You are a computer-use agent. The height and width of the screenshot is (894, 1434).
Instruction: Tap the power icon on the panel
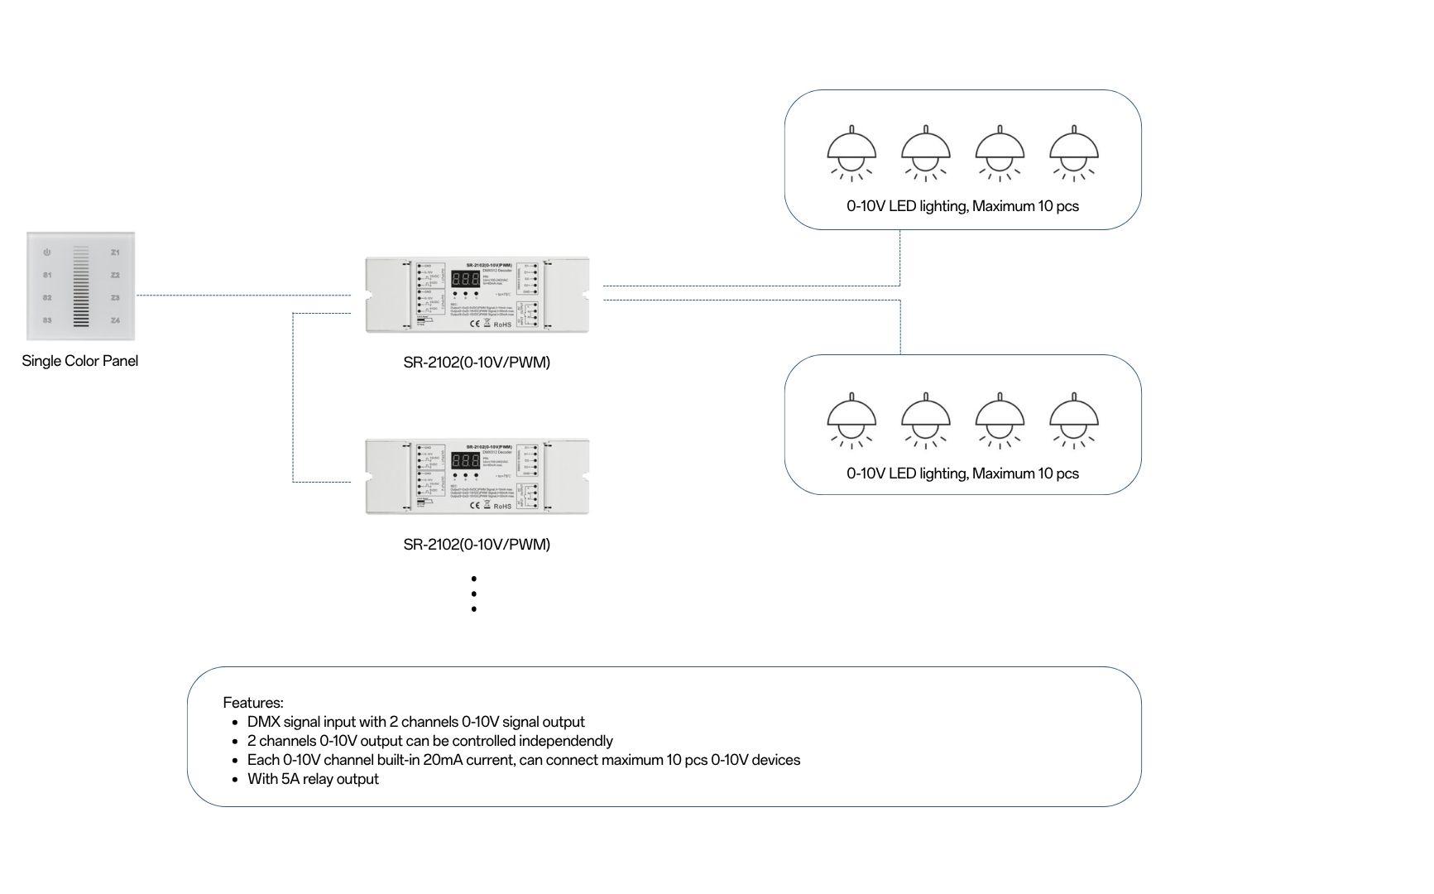click(47, 252)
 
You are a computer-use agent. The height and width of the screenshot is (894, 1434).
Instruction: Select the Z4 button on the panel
click(116, 320)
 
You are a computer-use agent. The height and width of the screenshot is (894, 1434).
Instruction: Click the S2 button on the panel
click(47, 297)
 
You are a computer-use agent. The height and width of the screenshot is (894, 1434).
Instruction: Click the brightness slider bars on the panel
click(81, 286)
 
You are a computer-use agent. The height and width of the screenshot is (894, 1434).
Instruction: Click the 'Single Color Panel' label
click(80, 361)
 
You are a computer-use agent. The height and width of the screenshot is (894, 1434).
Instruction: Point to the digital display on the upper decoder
click(465, 279)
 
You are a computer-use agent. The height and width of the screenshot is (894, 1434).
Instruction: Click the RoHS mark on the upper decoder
click(502, 324)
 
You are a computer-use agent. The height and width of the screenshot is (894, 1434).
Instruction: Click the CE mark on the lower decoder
click(475, 506)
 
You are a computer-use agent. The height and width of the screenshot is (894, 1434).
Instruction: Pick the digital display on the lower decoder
click(465, 461)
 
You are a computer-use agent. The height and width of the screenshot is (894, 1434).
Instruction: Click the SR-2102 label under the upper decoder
click(477, 363)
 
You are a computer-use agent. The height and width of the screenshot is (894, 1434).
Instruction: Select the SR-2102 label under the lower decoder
click(477, 545)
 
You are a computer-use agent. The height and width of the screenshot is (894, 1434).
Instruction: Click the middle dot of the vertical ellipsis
click(474, 594)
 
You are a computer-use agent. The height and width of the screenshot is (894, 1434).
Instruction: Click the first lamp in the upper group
click(851, 154)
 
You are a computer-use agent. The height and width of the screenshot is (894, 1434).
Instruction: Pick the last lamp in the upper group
click(1074, 154)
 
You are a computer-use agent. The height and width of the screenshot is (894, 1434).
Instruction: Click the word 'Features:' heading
click(253, 703)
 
